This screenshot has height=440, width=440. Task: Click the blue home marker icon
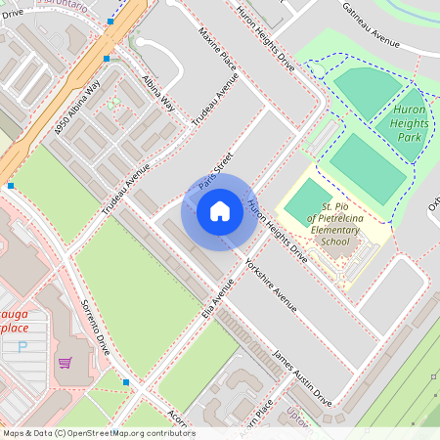(x=220, y=211)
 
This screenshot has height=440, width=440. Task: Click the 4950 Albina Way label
(x=78, y=109)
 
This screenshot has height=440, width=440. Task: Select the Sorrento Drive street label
(x=96, y=327)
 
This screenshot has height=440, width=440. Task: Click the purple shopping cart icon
(x=65, y=363)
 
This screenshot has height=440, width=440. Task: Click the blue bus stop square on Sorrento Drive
(x=126, y=381)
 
